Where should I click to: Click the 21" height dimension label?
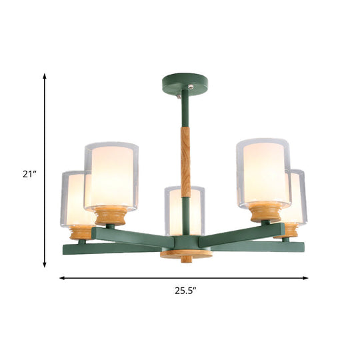tap(27, 175)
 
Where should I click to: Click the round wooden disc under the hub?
tap(186, 254)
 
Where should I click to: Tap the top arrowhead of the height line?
tap(45, 77)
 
